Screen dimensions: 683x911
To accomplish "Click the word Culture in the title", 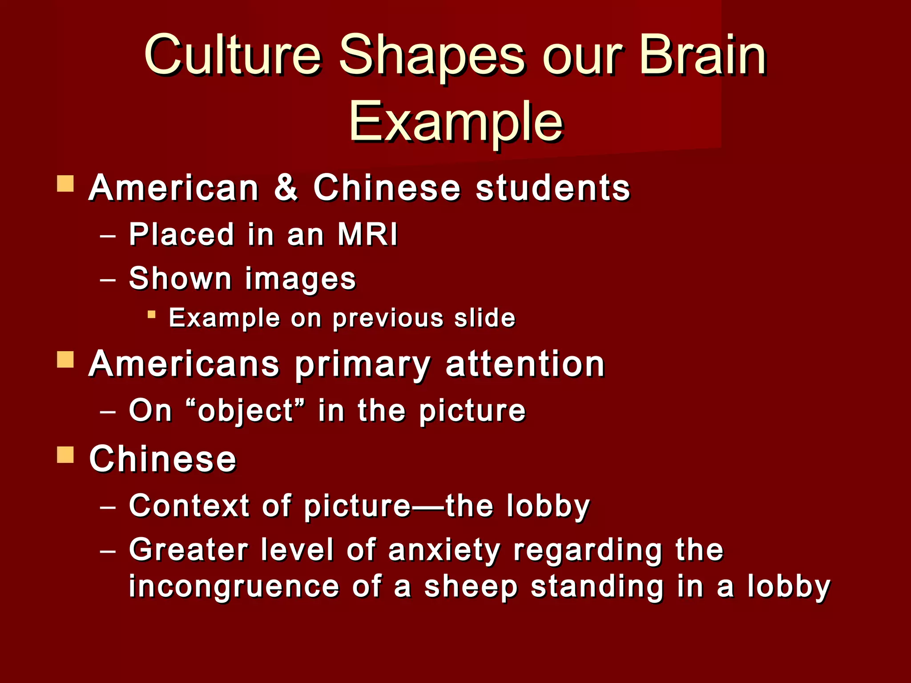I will tap(232, 56).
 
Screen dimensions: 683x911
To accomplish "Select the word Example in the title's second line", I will tap(456, 122).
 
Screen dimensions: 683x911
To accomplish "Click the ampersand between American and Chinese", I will tap(286, 188).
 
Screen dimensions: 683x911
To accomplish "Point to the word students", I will tap(553, 188).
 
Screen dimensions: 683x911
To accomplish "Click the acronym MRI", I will tap(367, 234).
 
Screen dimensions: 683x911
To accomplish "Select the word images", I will tap(300, 279).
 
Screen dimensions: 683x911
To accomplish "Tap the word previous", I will tap(388, 318).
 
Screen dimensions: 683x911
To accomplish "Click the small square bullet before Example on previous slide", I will tap(152, 315).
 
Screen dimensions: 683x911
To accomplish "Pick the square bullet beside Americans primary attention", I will tap(65, 360).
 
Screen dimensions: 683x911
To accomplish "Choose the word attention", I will tap(525, 364).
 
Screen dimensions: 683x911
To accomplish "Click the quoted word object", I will tap(246, 410).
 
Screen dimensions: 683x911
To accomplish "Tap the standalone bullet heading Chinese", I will tap(163, 459).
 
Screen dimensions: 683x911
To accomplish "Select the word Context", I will tap(189, 506).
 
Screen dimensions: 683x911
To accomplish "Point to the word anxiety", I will tap(444, 550).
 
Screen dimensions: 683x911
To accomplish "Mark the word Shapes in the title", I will tap(432, 56).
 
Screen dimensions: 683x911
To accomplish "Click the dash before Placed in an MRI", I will tap(108, 235).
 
